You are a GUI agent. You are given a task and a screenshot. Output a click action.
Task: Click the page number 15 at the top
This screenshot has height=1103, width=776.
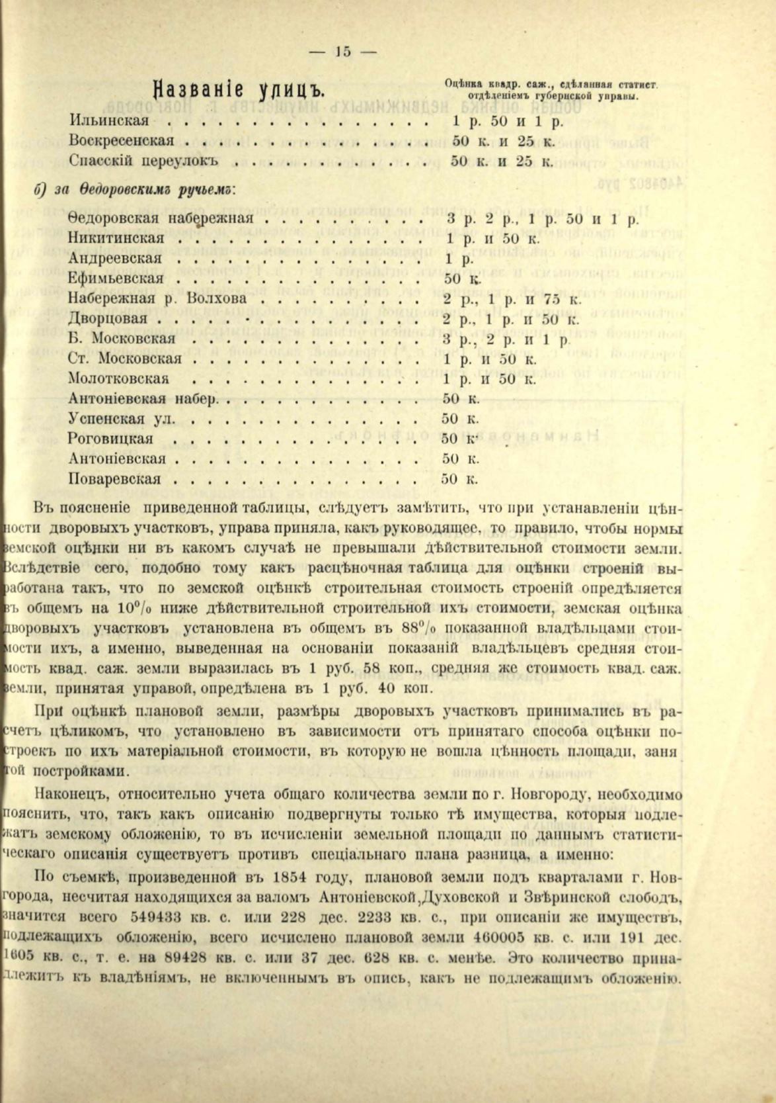click(x=344, y=52)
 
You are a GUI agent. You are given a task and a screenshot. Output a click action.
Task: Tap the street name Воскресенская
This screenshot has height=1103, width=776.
click(x=122, y=142)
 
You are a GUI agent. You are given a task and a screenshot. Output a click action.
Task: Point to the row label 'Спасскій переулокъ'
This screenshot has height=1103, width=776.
click(x=143, y=161)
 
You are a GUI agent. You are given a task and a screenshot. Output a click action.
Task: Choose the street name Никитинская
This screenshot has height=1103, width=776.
click(x=116, y=238)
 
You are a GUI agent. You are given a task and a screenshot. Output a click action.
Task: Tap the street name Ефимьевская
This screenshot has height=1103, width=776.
click(x=116, y=278)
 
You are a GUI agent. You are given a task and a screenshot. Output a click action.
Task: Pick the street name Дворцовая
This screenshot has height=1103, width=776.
click(x=108, y=319)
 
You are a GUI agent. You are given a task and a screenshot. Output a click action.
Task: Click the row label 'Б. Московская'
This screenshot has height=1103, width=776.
click(x=122, y=339)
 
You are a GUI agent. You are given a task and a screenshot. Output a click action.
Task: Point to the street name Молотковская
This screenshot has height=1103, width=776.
click(x=118, y=379)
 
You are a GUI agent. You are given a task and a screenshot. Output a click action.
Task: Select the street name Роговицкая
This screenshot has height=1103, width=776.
click(x=110, y=439)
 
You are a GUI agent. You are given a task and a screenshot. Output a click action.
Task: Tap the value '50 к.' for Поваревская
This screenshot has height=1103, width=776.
click(x=459, y=478)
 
